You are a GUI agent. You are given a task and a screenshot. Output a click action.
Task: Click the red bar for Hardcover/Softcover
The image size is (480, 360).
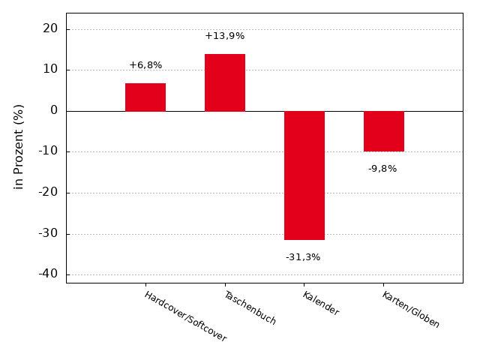(145, 97)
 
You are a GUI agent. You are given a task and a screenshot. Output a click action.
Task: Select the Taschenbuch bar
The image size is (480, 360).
(225, 82)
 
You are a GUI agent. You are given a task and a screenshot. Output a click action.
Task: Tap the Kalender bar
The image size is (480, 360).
(304, 175)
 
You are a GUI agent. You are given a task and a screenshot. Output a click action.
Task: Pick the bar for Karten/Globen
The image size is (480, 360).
(384, 131)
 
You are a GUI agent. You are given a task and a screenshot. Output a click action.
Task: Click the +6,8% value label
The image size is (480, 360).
(145, 65)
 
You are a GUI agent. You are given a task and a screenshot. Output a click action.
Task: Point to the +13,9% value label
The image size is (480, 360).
(225, 36)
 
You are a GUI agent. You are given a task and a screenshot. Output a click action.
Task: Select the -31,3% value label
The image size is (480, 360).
(303, 257)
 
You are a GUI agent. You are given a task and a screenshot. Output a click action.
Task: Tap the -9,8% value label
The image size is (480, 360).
(382, 169)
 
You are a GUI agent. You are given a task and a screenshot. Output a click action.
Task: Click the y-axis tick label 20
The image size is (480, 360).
(50, 28)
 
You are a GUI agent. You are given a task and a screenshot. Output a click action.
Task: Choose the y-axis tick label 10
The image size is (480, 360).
(50, 70)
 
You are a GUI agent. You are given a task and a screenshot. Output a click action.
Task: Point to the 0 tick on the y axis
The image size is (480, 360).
(54, 110)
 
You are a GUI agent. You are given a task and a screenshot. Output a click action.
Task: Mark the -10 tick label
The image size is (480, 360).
(48, 151)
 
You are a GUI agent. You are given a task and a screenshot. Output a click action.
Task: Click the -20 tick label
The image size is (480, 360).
(48, 192)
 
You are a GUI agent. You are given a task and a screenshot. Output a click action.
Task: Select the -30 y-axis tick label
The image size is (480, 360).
(48, 233)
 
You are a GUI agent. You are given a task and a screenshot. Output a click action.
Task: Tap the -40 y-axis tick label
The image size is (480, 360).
(48, 274)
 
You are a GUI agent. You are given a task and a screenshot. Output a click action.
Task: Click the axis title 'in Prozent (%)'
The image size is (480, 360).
(19, 146)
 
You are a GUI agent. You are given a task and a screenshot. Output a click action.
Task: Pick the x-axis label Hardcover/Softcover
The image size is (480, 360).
(185, 316)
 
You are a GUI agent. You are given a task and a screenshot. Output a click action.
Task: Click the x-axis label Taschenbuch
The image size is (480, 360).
(250, 307)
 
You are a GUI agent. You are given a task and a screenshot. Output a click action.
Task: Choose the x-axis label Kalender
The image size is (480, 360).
(321, 303)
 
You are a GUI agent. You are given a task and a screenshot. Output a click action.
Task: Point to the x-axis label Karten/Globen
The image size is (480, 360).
(411, 309)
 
